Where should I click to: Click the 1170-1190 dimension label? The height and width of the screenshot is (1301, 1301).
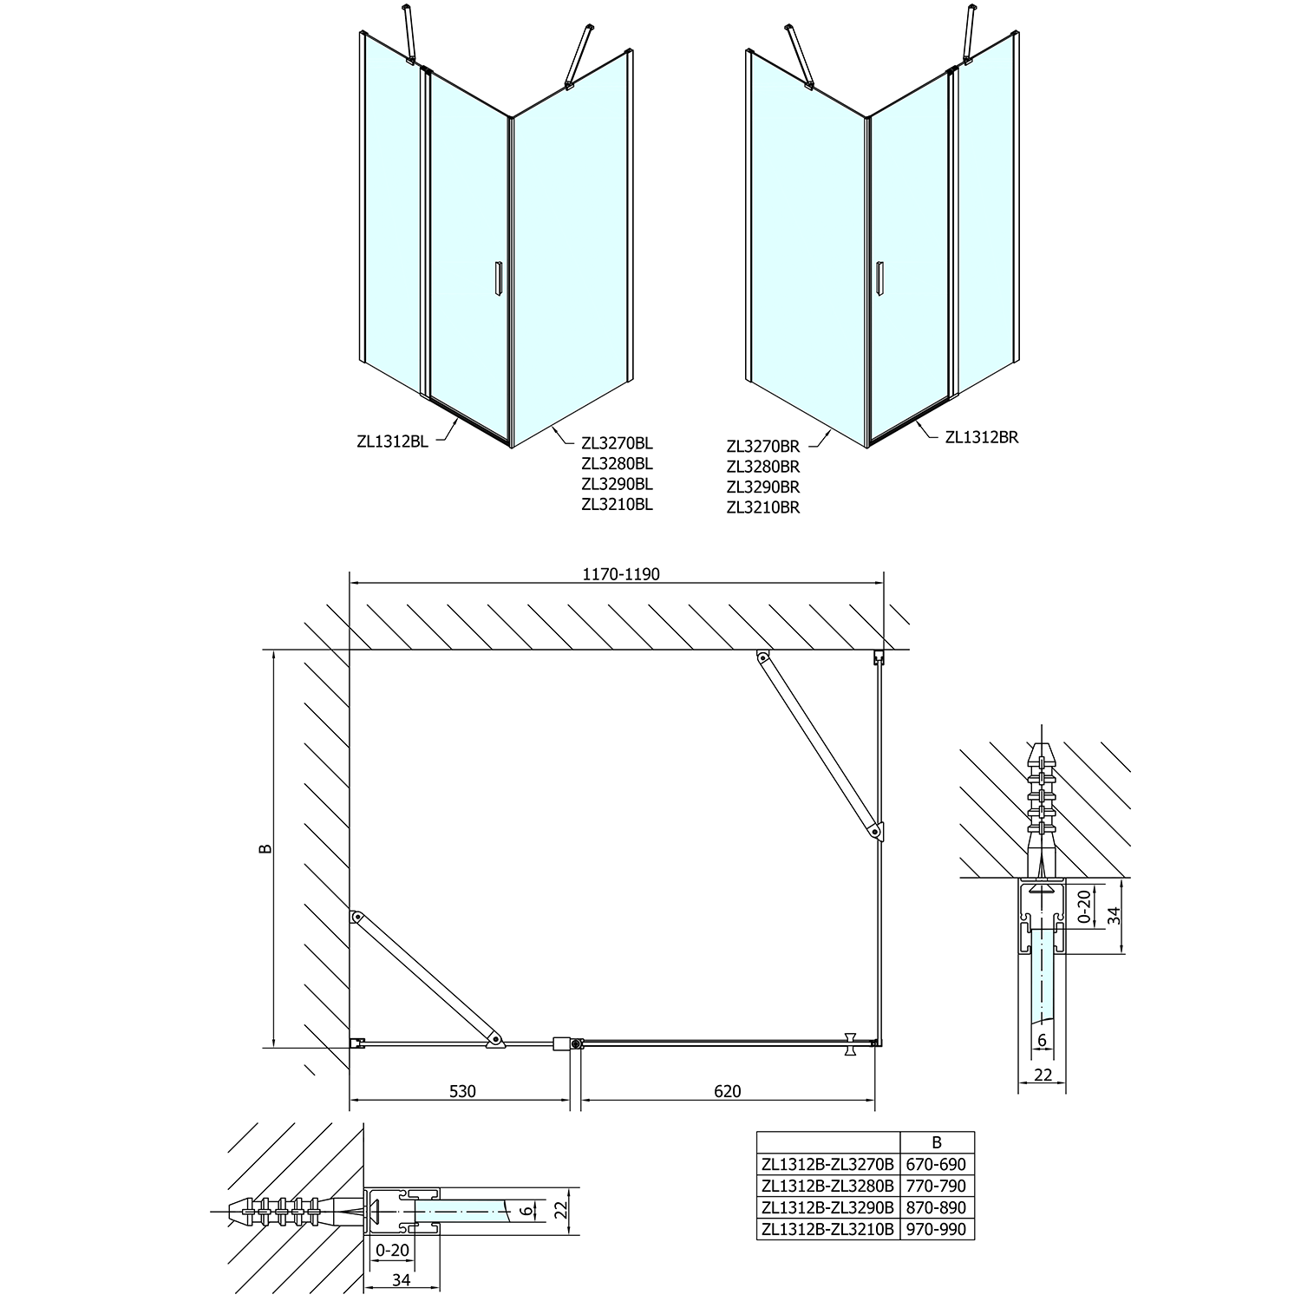point(620,574)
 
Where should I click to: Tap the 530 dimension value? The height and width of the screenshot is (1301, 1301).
point(462,1091)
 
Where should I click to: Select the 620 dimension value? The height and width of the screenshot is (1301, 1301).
point(728,1091)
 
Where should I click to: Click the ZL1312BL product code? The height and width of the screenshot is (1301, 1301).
point(392,441)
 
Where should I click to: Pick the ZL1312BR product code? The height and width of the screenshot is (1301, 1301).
point(981,437)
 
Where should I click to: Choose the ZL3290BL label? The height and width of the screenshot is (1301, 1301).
point(618,484)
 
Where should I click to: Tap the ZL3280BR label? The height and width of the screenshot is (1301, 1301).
point(762,467)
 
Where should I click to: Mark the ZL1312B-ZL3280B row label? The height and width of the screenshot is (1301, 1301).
point(827,1186)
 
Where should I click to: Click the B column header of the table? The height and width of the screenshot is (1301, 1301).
point(937,1142)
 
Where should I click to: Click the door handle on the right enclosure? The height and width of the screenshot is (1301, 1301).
point(879,280)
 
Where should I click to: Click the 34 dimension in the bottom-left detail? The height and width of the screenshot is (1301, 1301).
point(402,1279)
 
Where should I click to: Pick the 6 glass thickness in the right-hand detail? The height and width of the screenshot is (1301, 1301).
point(1042,1039)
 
